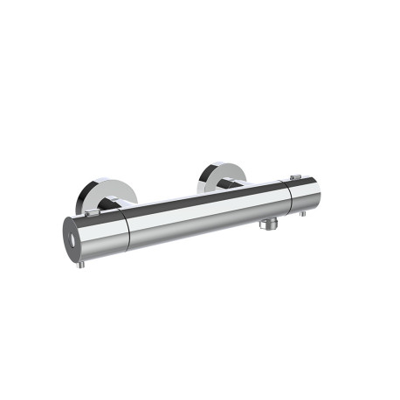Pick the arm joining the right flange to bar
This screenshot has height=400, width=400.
pyautogui.click(x=232, y=184)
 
